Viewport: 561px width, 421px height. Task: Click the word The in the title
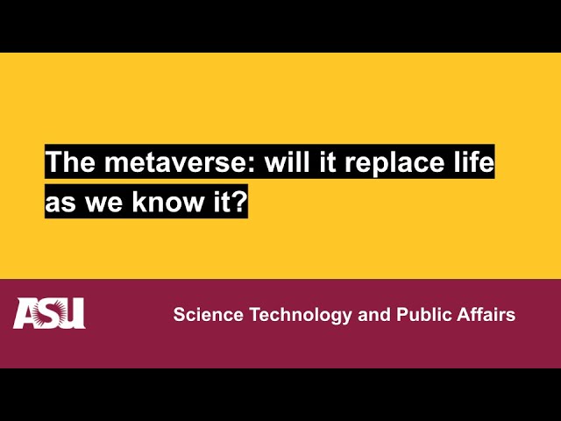[x=67, y=162]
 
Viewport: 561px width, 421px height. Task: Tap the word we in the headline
[x=104, y=203]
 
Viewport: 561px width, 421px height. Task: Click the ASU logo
[x=49, y=313]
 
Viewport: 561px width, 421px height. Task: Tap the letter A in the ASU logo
[x=26, y=314]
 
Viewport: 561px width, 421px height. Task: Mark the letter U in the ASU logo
[x=73, y=314]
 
